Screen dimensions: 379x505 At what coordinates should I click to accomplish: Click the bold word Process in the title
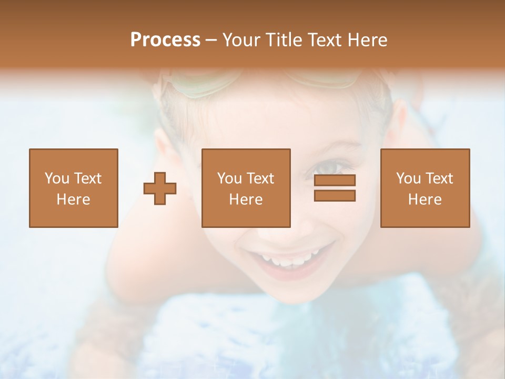(x=165, y=40)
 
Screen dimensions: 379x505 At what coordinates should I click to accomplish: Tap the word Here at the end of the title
(x=366, y=40)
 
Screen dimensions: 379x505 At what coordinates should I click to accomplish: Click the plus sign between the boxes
(x=160, y=188)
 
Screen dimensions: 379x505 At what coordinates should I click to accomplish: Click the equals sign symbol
(x=335, y=188)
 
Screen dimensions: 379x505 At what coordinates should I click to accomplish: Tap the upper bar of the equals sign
(x=335, y=181)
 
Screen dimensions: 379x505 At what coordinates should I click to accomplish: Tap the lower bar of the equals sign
(x=335, y=195)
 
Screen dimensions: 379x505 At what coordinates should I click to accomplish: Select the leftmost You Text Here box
(x=74, y=188)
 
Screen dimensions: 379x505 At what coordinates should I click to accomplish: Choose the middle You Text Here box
(x=246, y=188)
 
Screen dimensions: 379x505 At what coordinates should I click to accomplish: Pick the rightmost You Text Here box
(x=425, y=188)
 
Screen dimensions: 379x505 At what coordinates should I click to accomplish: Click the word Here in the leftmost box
(x=74, y=200)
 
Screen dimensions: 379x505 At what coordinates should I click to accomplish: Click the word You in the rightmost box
(x=409, y=178)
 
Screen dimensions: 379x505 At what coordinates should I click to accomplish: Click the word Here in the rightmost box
(x=425, y=200)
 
